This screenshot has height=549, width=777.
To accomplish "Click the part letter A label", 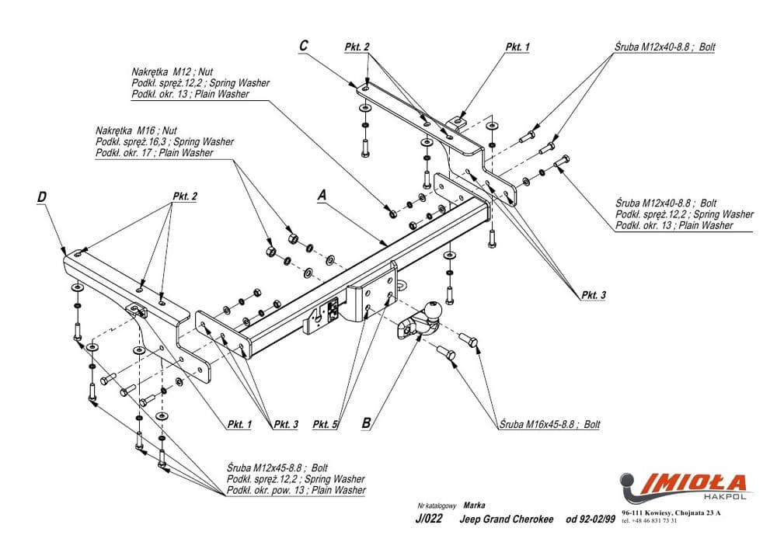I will [322, 196].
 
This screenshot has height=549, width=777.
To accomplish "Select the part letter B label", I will [367, 423].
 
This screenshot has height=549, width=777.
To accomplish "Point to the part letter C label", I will [305, 46].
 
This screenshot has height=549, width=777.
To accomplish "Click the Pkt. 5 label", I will [325, 425].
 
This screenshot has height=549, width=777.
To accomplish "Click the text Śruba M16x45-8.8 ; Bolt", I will [550, 425].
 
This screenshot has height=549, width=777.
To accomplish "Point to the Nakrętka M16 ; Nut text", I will [137, 131].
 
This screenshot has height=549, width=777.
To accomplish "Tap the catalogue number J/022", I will [429, 519].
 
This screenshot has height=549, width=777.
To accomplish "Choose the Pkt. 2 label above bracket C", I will [357, 47].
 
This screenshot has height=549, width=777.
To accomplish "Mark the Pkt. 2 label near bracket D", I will [184, 196].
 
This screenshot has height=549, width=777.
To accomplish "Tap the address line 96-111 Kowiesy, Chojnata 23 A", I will [671, 513].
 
